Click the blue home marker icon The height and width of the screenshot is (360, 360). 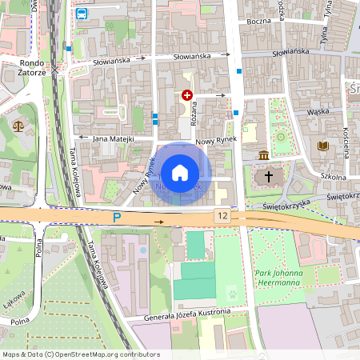click(180, 172)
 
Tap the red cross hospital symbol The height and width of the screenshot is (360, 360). click(187, 94)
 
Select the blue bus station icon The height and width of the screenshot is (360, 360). click(82, 14)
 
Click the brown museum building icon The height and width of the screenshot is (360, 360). click(264, 154)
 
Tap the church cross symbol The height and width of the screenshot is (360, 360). click(269, 175)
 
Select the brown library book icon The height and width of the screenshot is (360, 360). click(323, 146)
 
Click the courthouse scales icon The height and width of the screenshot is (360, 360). click(18, 126)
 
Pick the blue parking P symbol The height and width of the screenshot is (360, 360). click(117, 217)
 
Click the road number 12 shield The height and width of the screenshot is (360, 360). click(222, 216)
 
